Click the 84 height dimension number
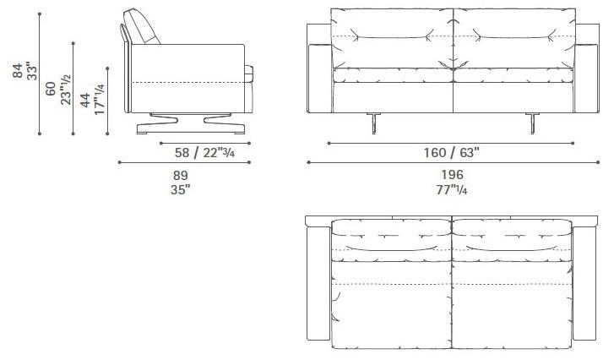[x=17, y=71]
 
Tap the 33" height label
[x=32, y=71]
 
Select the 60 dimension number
[x=51, y=89]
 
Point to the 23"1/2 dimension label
[x=66, y=90]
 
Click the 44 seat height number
[x=85, y=100]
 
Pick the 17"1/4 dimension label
[x=99, y=99]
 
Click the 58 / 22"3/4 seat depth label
[x=204, y=153]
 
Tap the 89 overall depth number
[x=181, y=176]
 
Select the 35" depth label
[x=181, y=189]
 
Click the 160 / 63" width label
[x=452, y=153]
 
